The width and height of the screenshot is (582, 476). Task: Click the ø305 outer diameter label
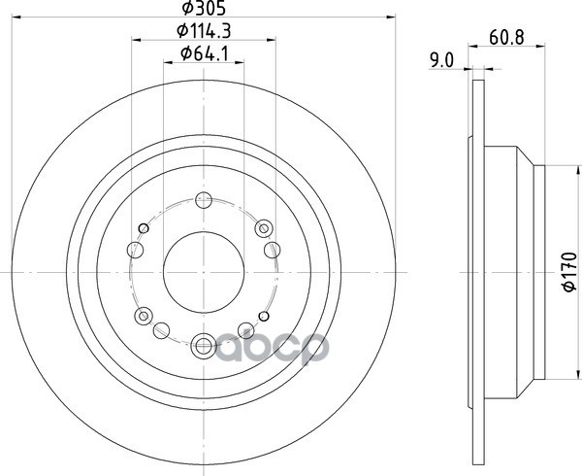[204, 8]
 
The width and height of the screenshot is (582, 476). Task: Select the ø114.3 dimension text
[204, 31]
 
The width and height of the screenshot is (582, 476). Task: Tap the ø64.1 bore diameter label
[204, 54]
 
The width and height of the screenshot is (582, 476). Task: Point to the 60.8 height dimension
[506, 38]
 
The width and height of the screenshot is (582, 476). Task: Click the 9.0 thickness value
[441, 60]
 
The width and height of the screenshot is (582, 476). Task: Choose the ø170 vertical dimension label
[569, 272]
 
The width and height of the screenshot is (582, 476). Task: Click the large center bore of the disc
[204, 272]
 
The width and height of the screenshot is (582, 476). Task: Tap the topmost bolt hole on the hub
[204, 201]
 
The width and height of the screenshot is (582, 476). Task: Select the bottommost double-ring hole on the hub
[204, 346]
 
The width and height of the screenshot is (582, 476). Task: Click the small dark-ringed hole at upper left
[144, 228]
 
